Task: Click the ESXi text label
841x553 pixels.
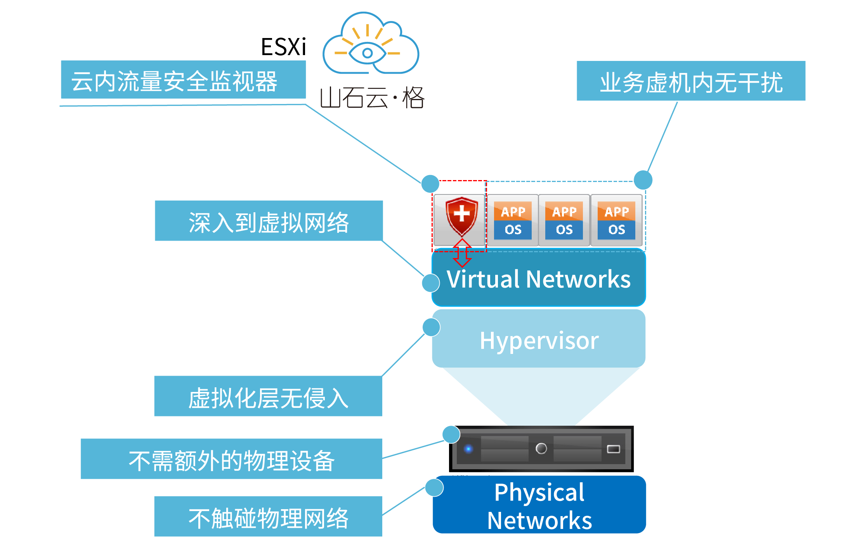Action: [283, 47]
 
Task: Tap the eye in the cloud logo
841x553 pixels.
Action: [367, 53]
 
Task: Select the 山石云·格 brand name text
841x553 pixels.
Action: [372, 97]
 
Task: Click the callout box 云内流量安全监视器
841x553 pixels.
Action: [183, 80]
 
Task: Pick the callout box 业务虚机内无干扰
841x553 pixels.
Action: [691, 81]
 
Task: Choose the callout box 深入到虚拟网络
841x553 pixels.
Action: [269, 221]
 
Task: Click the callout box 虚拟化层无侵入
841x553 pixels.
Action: [268, 396]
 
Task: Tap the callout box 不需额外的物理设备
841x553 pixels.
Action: [231, 459]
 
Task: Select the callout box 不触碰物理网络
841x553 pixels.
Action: [268, 517]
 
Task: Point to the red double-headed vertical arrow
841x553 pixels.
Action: [462, 253]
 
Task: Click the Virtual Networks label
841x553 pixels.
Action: [539, 279]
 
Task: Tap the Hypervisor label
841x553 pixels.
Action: [539, 340]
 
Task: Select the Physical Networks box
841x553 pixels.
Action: [539, 505]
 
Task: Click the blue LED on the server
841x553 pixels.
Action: [468, 449]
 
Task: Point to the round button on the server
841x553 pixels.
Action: [541, 449]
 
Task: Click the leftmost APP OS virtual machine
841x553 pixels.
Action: [513, 220]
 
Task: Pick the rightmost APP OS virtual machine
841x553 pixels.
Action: [616, 220]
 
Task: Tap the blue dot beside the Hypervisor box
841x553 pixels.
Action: [431, 327]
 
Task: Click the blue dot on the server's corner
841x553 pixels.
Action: [451, 434]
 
